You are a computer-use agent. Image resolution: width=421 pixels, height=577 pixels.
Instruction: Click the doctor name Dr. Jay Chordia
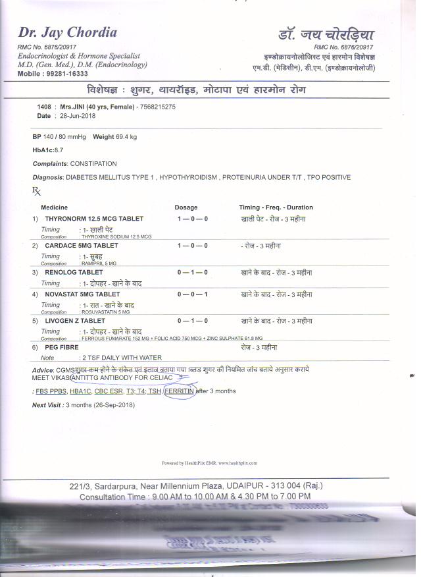[68, 33]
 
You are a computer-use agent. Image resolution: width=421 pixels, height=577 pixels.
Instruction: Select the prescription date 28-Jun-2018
[78, 116]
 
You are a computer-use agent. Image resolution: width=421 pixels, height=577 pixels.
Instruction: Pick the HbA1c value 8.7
[59, 150]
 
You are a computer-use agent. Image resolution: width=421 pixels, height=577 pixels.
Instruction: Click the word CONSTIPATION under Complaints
[93, 163]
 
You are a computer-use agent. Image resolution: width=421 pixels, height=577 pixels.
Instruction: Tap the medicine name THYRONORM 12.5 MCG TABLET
[94, 218]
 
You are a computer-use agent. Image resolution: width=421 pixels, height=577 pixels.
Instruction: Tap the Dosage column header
[186, 207]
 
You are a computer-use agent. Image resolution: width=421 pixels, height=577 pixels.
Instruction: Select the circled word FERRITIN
[180, 391]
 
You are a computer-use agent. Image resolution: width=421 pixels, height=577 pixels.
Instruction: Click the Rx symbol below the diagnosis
[36, 191]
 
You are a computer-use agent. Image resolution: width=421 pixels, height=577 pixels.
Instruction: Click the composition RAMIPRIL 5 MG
[99, 263]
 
